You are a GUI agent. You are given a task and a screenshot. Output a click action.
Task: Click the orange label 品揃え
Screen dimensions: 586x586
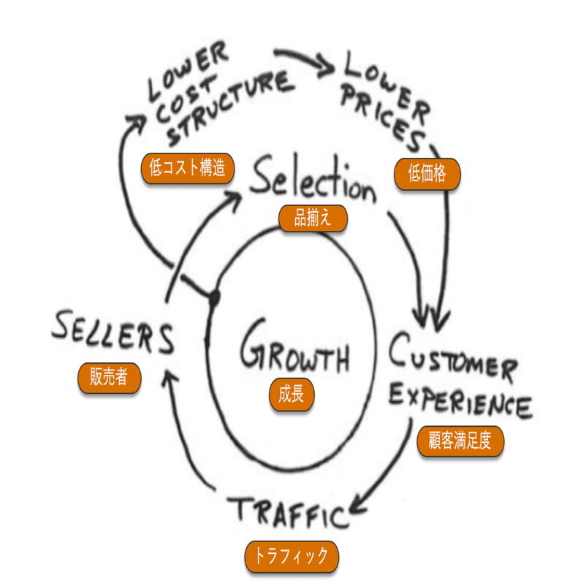point(312,218)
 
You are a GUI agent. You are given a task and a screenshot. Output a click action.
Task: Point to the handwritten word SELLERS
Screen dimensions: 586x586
point(113,335)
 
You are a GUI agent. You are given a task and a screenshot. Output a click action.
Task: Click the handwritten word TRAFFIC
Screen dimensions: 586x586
point(287,512)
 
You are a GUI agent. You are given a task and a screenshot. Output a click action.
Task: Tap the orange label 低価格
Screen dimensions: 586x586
point(427,174)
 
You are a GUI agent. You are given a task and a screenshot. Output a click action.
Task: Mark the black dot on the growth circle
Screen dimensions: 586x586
point(214,297)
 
